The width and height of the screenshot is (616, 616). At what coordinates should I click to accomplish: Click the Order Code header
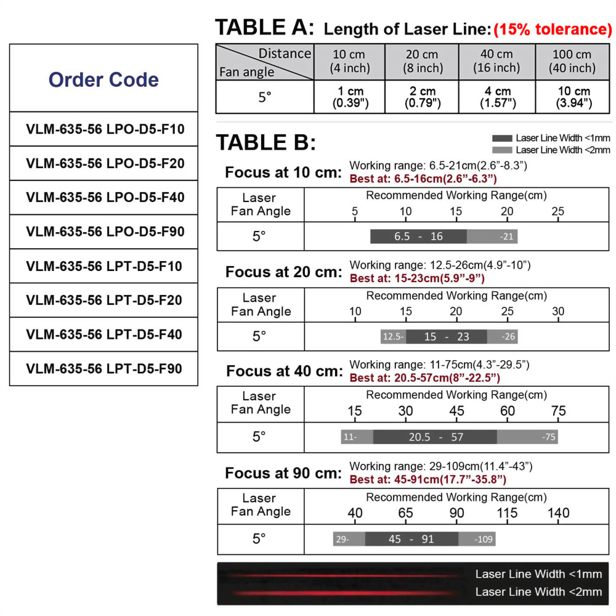103,79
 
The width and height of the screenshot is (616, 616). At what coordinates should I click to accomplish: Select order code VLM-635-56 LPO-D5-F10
105,129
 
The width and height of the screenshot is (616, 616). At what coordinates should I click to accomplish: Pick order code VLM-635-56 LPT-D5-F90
104,369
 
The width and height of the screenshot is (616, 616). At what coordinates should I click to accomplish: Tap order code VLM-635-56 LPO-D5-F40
105,198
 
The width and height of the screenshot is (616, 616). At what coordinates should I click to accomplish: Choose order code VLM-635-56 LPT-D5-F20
104,301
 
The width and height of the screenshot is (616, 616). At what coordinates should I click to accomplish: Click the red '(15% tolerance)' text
552,29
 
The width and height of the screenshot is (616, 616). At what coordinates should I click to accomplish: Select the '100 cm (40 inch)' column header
572,62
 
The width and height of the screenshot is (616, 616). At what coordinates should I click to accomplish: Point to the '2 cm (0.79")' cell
422,97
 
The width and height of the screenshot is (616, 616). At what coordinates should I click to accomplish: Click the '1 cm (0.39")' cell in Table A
350,97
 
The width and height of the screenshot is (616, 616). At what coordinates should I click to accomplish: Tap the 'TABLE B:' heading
265,143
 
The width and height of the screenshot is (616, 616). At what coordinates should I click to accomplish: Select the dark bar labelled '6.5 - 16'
418,237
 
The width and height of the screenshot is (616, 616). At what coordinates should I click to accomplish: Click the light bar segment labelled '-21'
492,237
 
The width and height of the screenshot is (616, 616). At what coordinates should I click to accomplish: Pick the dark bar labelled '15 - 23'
447,337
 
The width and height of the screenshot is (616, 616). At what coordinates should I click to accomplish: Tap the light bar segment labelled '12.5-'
393,337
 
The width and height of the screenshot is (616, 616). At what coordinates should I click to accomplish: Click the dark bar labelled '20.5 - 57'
435,437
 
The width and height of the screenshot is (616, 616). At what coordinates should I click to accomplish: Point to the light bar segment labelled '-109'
477,539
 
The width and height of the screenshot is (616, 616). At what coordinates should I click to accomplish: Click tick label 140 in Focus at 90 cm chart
558,513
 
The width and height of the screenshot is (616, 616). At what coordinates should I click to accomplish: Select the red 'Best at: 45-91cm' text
428,479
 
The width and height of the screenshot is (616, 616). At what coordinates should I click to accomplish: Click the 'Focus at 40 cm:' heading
284,371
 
